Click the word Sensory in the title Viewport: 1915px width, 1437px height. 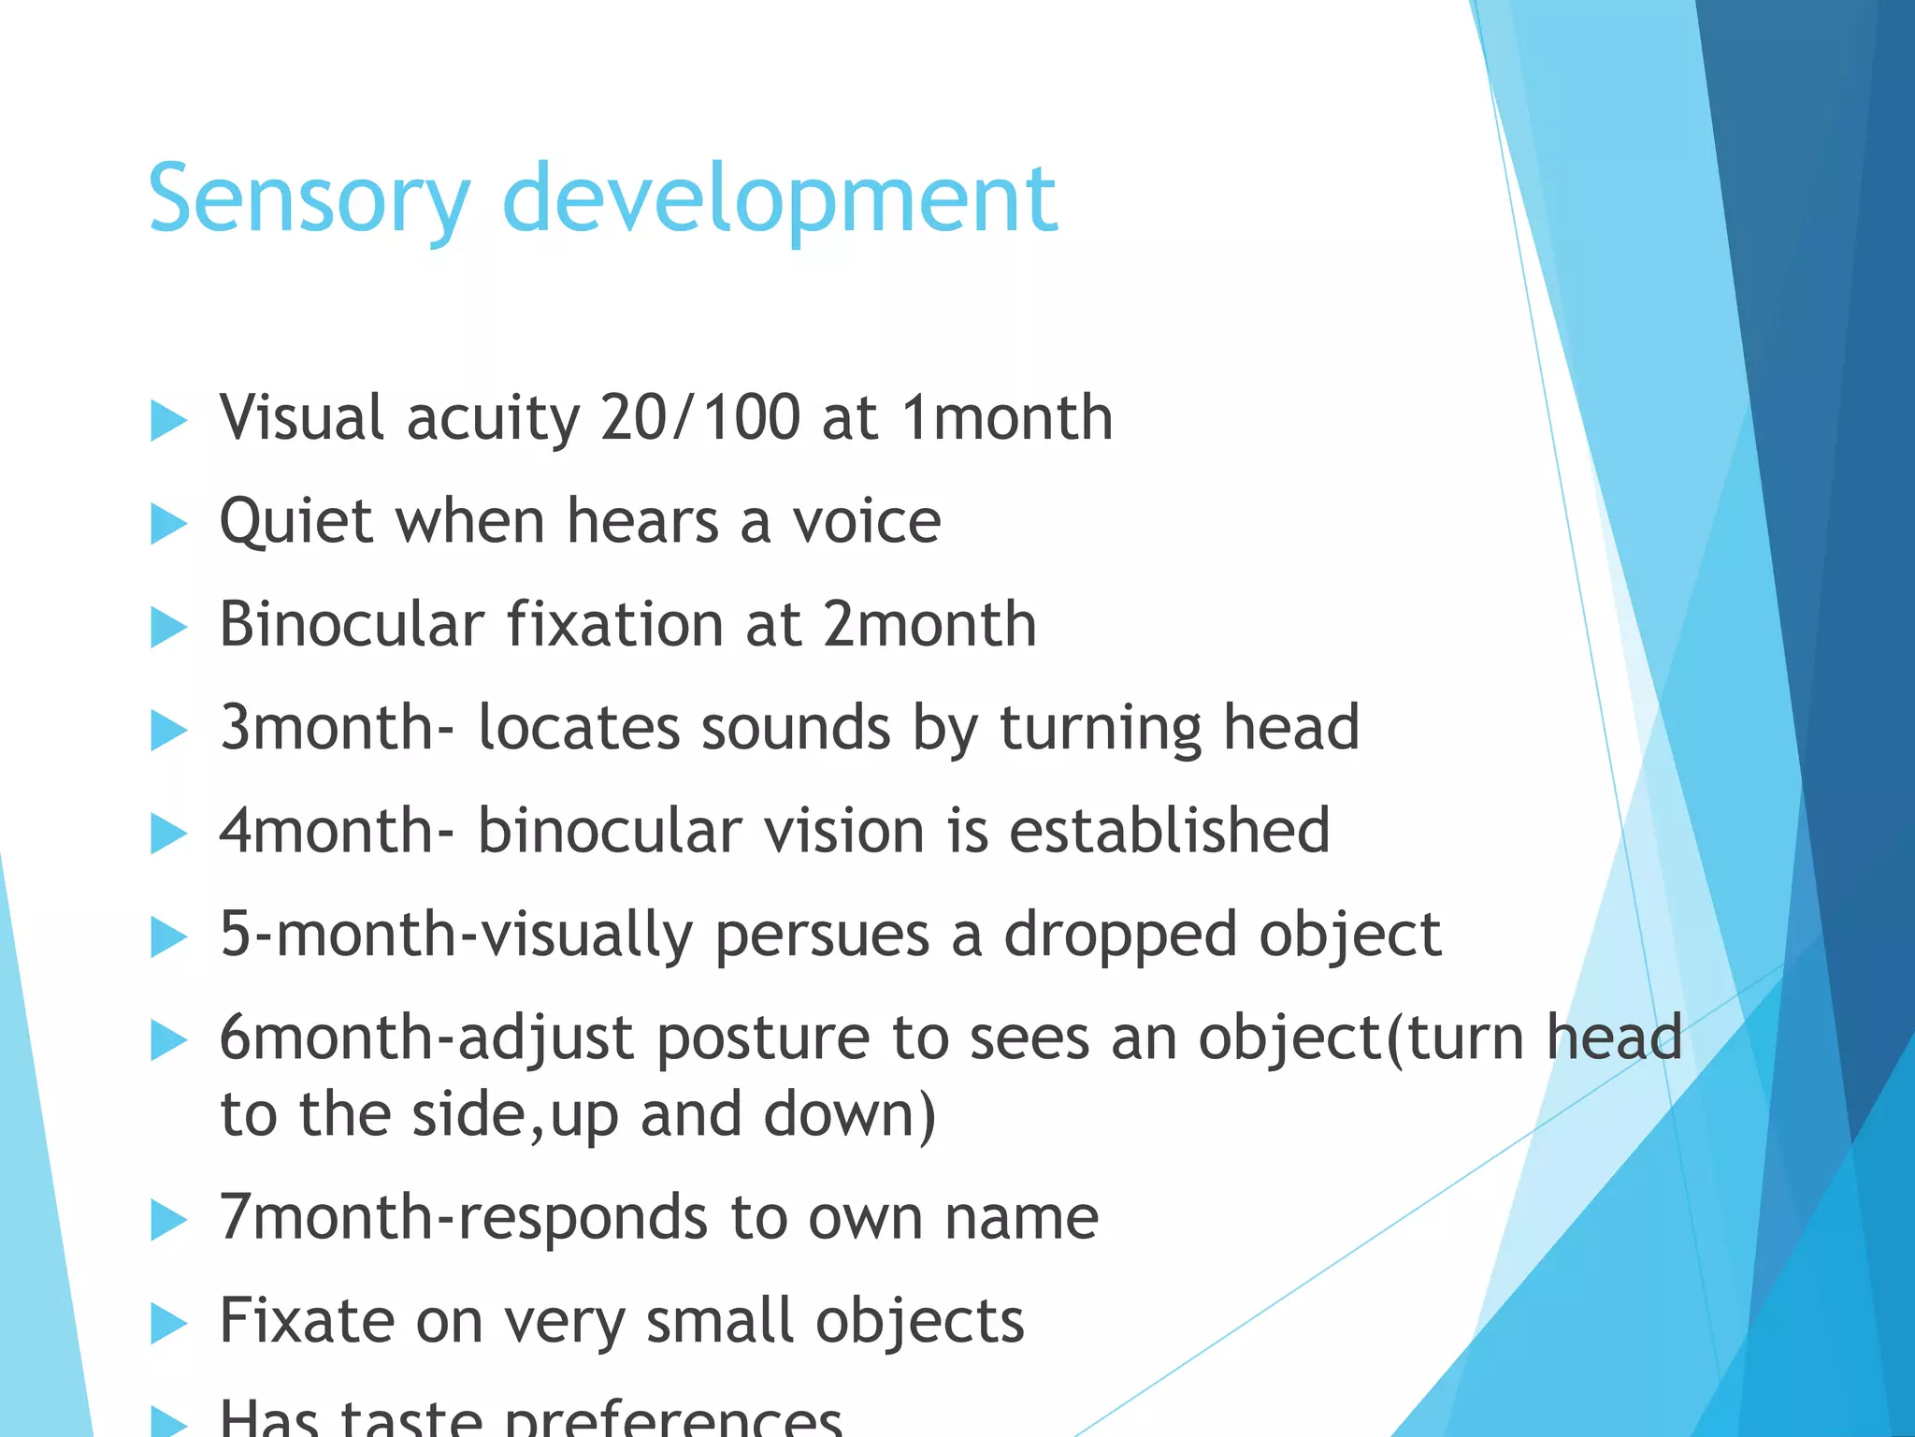309,199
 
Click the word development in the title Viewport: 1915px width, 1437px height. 780,199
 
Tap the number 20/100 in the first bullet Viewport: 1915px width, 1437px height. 700,417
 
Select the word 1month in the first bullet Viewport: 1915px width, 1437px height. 1007,417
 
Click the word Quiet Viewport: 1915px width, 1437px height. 295,521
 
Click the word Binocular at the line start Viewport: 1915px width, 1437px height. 352,624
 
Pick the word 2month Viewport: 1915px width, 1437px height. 929,624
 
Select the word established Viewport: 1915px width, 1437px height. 1169,831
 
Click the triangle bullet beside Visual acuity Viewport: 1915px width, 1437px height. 168,420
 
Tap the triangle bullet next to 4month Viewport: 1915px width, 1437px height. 168,834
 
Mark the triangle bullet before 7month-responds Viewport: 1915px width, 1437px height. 168,1221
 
